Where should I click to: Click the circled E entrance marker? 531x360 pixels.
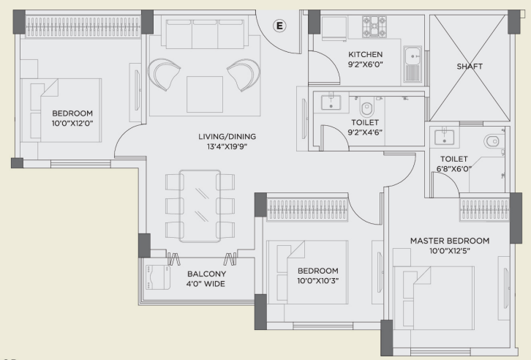pyautogui.click(x=279, y=26)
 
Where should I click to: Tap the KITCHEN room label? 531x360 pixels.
pyautogui.click(x=366, y=54)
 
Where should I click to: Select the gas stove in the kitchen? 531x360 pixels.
pyautogui.click(x=374, y=26)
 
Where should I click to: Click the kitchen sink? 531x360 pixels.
pyautogui.click(x=413, y=64)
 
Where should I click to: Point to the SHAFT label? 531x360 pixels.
pyautogui.click(x=470, y=67)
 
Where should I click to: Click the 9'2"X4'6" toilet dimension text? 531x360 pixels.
pyautogui.click(x=365, y=132)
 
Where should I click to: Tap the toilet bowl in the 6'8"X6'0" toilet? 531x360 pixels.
pyautogui.click(x=492, y=141)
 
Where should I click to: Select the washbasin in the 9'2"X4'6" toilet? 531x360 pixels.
pyautogui.click(x=331, y=102)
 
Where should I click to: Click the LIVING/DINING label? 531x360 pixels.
pyautogui.click(x=227, y=137)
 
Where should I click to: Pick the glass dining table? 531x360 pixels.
pyautogui.click(x=200, y=206)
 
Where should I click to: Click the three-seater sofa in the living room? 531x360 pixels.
pyautogui.click(x=205, y=34)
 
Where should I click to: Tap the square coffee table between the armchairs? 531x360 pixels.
pyautogui.click(x=205, y=94)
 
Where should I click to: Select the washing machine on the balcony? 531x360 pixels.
pyautogui.click(x=158, y=277)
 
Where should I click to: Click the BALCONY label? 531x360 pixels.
pyautogui.click(x=206, y=274)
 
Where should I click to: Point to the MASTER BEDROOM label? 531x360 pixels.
pyautogui.click(x=450, y=241)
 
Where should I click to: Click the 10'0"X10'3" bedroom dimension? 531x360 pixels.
pyautogui.click(x=318, y=281)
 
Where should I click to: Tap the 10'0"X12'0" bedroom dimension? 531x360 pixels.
pyautogui.click(x=72, y=123)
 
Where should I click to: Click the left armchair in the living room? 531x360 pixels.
pyautogui.click(x=164, y=74)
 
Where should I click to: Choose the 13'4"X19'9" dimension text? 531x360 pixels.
pyautogui.click(x=227, y=146)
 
